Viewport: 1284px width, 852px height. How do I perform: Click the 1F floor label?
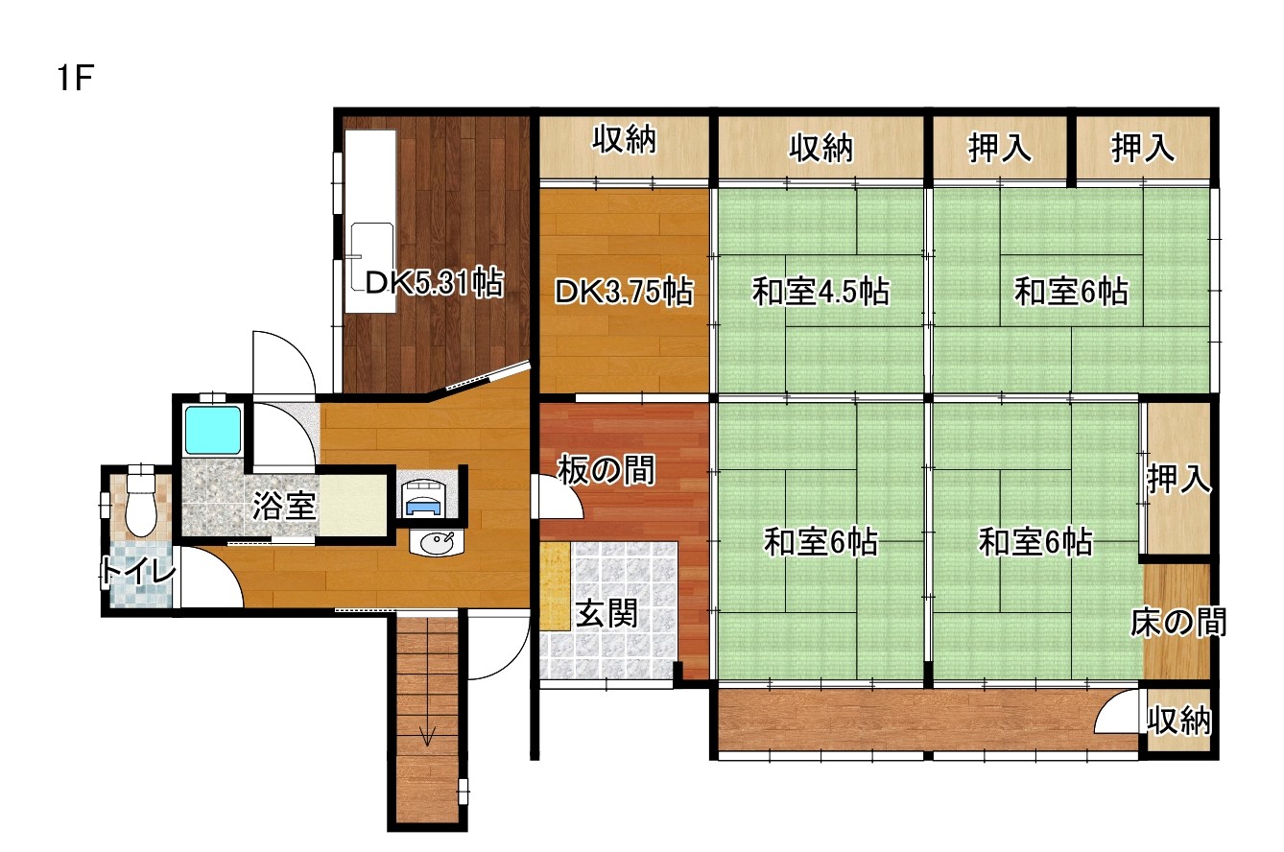pos(75,78)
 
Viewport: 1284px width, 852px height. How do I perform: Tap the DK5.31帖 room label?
pos(435,282)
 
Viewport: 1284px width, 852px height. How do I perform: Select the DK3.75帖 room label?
pos(624,291)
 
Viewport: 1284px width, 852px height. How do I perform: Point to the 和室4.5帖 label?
pos(820,291)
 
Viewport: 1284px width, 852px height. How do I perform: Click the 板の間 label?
pos(606,470)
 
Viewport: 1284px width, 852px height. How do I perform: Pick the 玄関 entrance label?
pos(607,614)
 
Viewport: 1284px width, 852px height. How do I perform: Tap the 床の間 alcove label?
pos(1178,623)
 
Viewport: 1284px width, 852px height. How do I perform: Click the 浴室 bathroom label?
pos(284,506)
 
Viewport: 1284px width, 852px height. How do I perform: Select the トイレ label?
pos(139,570)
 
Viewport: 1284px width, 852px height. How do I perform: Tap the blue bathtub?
pos(213,430)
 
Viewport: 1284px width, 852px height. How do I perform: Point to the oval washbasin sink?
pos(437,542)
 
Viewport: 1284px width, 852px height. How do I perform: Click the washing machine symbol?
pos(427,497)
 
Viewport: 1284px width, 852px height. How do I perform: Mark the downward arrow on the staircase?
pos(428,735)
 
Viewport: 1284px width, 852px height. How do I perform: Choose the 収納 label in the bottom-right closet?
pos(1179,721)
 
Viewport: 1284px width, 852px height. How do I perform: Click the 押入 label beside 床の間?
pos(1179,479)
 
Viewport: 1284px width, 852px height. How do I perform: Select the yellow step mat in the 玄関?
pos(555,586)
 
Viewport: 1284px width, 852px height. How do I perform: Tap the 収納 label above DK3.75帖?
pos(624,139)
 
